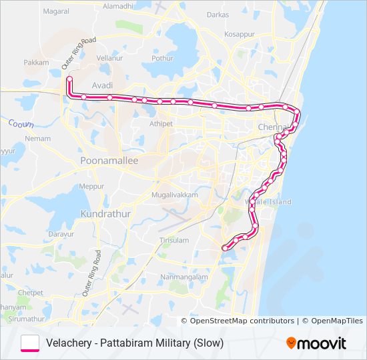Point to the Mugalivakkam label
(174, 194)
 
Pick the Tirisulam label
(174, 239)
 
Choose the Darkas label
(218, 14)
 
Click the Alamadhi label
(118, 6)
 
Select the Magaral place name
(55, 11)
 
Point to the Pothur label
(162, 58)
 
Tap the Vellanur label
(109, 58)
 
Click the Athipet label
(161, 123)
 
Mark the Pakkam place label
(37, 62)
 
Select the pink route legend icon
(30, 343)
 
